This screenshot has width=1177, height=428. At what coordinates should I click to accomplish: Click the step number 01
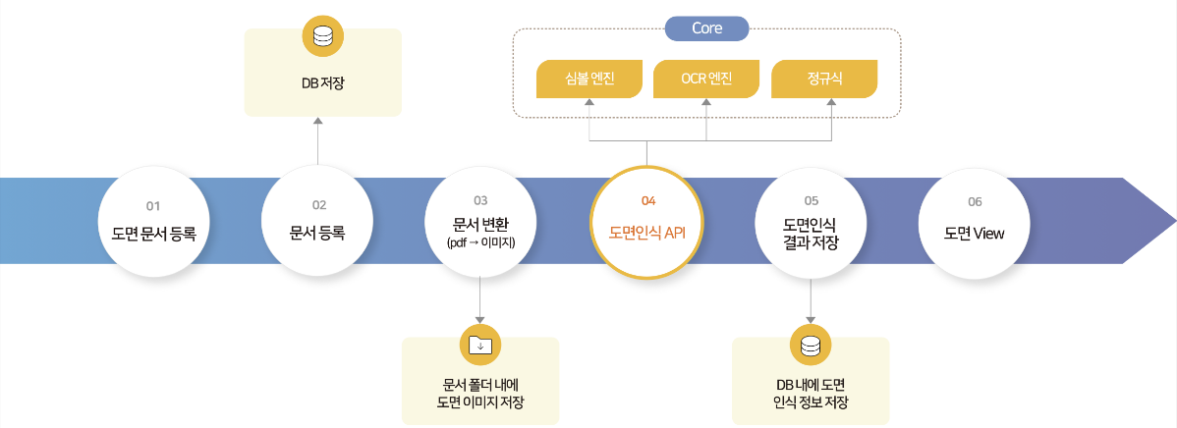[153, 204]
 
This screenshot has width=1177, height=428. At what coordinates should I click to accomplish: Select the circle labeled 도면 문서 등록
[153, 221]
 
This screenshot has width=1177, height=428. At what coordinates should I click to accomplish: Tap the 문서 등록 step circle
[317, 221]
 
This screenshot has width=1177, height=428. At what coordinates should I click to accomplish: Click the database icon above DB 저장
[323, 36]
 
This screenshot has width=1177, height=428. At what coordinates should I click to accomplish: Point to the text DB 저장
[323, 83]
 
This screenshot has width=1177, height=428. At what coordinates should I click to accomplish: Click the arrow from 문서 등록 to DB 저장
[317, 141]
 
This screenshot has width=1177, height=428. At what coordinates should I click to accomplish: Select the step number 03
[480, 200]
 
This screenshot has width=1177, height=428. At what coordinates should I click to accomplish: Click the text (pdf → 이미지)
[480, 243]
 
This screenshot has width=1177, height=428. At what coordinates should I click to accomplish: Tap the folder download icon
[480, 346]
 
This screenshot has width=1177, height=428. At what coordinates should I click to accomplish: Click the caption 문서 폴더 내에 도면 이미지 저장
[480, 394]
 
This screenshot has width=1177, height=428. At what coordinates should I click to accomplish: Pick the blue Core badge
[707, 28]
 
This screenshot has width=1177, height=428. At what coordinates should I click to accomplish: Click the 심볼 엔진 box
[589, 79]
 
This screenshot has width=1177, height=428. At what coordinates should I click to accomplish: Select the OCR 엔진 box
[706, 79]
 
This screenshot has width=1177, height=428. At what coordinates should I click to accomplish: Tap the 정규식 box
[824, 79]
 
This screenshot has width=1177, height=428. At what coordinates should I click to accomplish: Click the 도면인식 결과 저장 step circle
[811, 221]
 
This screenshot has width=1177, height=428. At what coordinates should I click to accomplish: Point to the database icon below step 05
[811, 347]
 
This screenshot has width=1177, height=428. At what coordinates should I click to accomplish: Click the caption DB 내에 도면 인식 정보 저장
[811, 394]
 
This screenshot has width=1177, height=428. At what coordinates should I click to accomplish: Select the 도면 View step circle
[975, 221]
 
